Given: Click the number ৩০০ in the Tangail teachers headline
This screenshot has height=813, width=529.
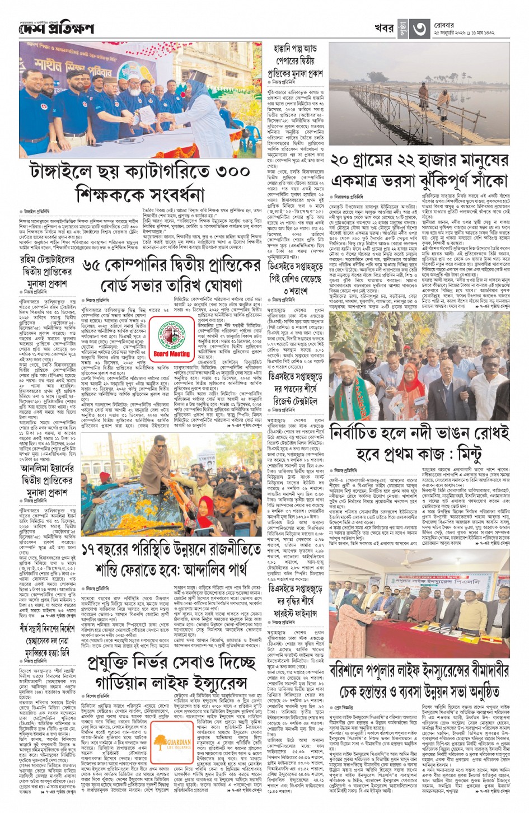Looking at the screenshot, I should pyautogui.click(x=231, y=171).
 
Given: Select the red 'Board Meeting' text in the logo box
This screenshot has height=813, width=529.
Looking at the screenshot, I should pyautogui.click(x=171, y=354).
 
